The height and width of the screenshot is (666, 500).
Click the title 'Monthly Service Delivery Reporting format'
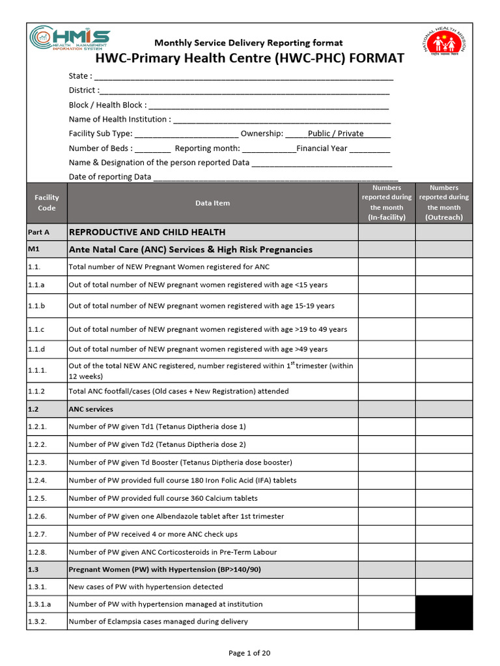[250, 42]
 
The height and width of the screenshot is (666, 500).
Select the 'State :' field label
[81, 76]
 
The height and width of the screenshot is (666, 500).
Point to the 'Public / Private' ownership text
[335, 133]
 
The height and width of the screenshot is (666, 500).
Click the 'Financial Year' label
[322, 148]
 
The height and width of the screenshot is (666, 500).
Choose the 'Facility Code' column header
[46, 203]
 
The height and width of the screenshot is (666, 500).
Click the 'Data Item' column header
[212, 203]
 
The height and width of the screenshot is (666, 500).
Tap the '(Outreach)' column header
[444, 217]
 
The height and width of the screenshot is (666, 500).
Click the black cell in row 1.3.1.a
[444, 604]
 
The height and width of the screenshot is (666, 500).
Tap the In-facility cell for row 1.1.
[387, 267]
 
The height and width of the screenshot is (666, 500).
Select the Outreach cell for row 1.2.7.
[444, 534]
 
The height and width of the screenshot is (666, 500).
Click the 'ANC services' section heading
[90, 409]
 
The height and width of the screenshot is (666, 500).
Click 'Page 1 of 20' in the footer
[249, 653]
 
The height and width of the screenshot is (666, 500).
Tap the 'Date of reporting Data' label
[110, 176]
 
